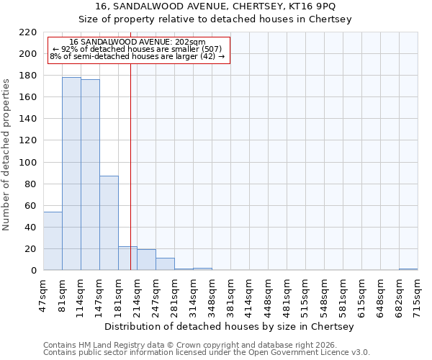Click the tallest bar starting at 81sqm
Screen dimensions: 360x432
[x=71, y=174]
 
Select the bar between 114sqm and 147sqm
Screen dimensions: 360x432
[x=90, y=175]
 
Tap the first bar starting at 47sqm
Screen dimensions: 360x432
[x=53, y=241]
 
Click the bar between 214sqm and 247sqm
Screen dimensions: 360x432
[x=146, y=260]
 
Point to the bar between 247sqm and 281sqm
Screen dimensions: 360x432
[x=165, y=264]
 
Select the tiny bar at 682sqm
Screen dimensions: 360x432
[x=408, y=269]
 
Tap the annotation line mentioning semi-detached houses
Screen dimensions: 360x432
[x=137, y=56]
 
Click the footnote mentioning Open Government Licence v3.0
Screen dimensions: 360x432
[x=207, y=353]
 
